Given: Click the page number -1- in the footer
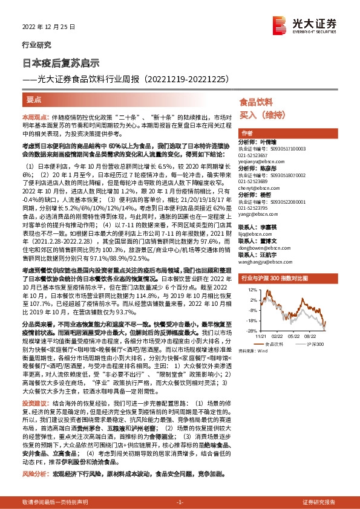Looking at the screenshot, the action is pos(180,502).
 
